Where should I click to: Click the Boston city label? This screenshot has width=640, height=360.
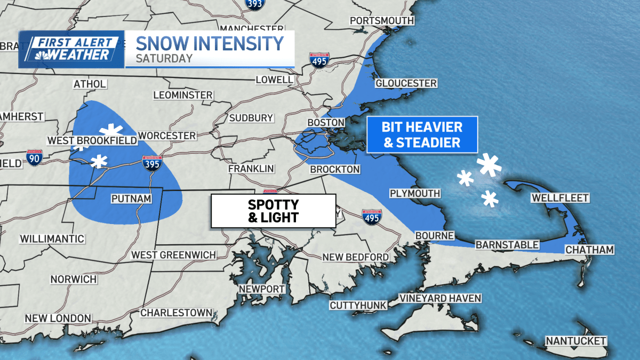tap(326, 123)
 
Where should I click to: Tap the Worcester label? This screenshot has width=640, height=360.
tap(167, 136)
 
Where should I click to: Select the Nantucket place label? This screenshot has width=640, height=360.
tap(575, 341)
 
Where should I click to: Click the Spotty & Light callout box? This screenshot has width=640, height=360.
tap(273, 211)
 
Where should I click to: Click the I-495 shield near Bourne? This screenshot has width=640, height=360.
tap(372, 217)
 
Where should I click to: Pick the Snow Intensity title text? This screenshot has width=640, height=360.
tap(210, 43)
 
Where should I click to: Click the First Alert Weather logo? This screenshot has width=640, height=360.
tap(71, 49)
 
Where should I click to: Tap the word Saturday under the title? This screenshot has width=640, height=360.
tap(164, 59)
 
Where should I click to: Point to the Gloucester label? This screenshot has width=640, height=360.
tap(406, 83)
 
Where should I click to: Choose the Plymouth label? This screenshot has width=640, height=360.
tap(414, 194)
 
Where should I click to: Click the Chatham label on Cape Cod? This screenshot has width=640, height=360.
tap(589, 250)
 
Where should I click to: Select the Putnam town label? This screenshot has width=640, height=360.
tap(131, 199)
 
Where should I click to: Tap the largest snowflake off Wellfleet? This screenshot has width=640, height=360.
tap(490, 165)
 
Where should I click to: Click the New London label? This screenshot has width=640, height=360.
tap(58, 318)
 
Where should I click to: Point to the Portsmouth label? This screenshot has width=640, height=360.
tap(381, 21)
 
